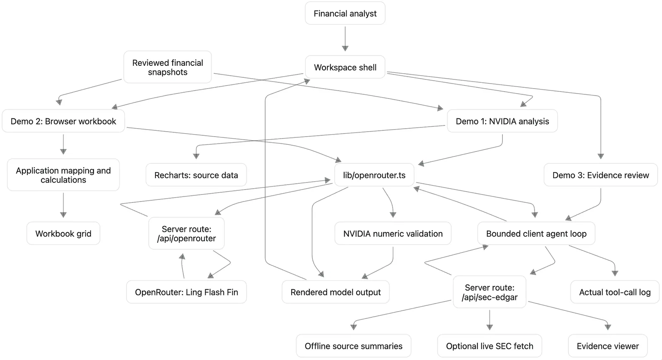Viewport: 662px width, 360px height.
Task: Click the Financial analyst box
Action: [x=345, y=13]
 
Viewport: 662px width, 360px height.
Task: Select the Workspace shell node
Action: [x=345, y=67]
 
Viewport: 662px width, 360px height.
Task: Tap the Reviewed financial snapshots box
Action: [x=168, y=67]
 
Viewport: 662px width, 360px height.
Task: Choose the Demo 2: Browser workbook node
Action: [x=63, y=121]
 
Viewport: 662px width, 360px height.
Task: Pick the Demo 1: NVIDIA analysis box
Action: [x=502, y=121]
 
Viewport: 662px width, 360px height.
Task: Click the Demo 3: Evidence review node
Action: [x=600, y=175]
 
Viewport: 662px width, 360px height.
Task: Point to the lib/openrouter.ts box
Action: [x=374, y=175]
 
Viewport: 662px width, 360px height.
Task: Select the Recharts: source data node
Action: [x=196, y=175]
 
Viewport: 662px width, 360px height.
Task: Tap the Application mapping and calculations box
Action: [x=63, y=175]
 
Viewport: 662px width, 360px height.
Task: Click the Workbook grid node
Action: [x=63, y=233]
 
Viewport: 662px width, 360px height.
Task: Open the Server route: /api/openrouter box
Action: [x=187, y=233]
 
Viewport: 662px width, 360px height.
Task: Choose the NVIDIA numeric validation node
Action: [x=393, y=233]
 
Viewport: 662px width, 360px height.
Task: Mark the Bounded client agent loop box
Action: [x=536, y=233]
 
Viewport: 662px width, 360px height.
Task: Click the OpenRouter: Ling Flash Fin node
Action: [x=187, y=292]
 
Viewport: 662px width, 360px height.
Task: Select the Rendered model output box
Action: [x=336, y=292]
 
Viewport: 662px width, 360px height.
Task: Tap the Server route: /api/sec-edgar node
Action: [x=489, y=292]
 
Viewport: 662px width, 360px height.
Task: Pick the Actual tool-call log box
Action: [x=615, y=292]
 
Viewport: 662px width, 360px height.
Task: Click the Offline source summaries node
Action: [x=353, y=346]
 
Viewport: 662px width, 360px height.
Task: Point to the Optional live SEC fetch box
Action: [x=489, y=346]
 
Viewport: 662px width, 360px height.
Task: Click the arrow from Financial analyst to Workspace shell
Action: [x=345, y=39]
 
